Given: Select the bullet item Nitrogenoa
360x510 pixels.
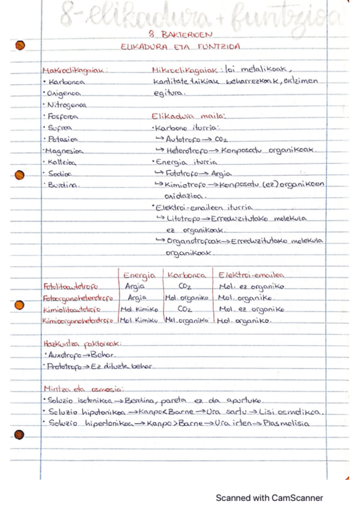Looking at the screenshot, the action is (x=69, y=105).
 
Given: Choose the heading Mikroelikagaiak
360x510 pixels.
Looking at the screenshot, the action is (x=185, y=70).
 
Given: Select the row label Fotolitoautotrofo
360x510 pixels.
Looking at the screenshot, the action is (x=70, y=287).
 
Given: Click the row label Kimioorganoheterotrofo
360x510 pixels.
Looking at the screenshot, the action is (x=78, y=321).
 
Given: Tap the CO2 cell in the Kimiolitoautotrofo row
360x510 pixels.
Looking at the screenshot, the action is (x=185, y=310).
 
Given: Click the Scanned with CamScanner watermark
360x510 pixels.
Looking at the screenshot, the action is (x=269, y=498).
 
